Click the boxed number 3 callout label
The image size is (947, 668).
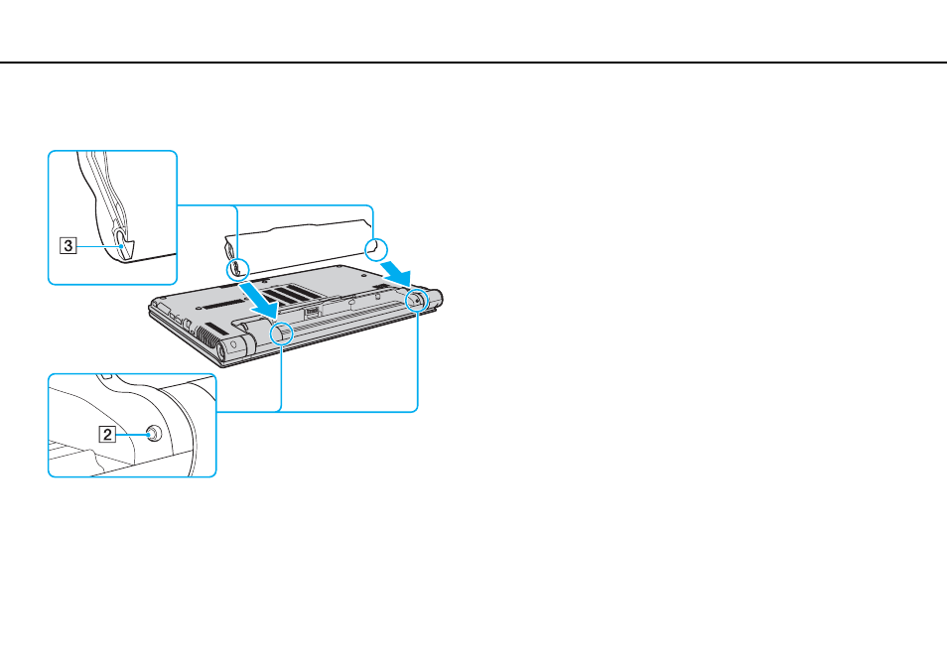point(68,246)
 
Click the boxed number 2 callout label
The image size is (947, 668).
point(107,435)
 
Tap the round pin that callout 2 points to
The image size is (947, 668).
point(154,433)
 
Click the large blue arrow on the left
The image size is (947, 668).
point(258,300)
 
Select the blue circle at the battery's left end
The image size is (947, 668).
point(237,269)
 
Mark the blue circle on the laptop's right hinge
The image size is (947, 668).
point(417,300)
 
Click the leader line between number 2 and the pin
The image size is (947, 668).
point(133,434)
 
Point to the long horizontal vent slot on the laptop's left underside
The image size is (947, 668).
point(222,303)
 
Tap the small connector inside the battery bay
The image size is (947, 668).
point(312,313)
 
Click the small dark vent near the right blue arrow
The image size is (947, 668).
point(380,284)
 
